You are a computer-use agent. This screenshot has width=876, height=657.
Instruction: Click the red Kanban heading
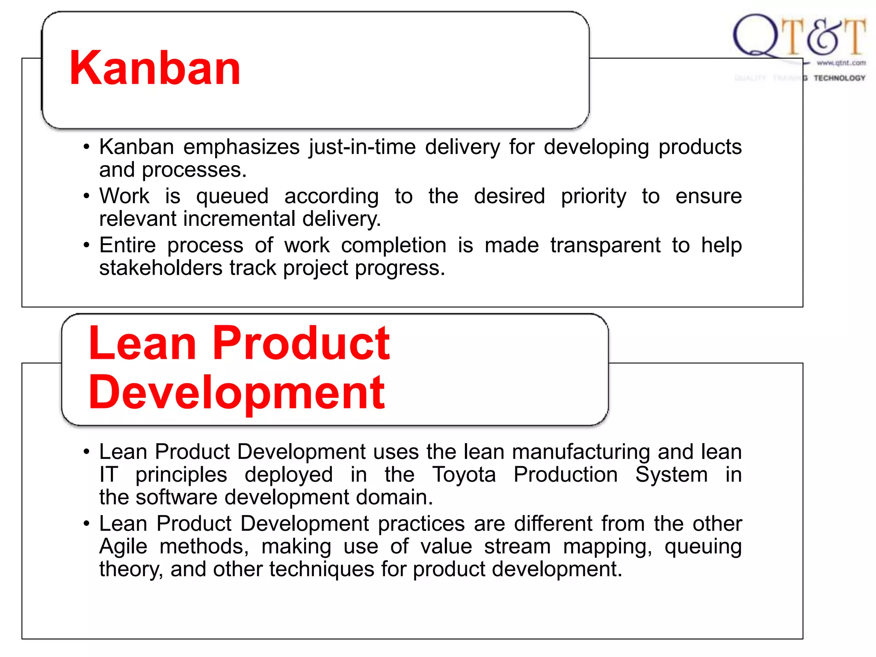point(155,68)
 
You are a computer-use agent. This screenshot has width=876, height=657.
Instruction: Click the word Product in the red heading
point(301,343)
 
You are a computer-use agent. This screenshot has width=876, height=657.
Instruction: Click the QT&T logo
point(799,36)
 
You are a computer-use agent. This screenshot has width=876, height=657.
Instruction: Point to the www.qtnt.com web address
point(841,63)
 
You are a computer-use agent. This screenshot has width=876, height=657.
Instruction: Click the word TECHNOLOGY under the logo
point(839,78)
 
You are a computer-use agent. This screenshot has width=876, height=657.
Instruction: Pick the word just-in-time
point(362,147)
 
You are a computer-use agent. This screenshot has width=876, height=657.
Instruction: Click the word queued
point(232,197)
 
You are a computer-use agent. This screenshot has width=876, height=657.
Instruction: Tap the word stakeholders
point(160,268)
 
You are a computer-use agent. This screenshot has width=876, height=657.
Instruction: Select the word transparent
point(605,246)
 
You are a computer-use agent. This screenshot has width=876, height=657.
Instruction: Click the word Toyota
point(464,475)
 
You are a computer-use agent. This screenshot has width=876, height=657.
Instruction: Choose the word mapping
point(607,547)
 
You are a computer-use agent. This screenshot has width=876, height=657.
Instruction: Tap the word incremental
point(239,219)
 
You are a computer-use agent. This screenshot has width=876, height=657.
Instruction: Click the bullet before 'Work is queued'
point(87,197)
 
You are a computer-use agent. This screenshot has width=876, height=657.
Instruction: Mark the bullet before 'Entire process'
point(87,246)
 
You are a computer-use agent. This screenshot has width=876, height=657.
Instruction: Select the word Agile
point(123,547)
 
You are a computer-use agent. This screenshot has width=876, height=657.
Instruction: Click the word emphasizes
point(241,147)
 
